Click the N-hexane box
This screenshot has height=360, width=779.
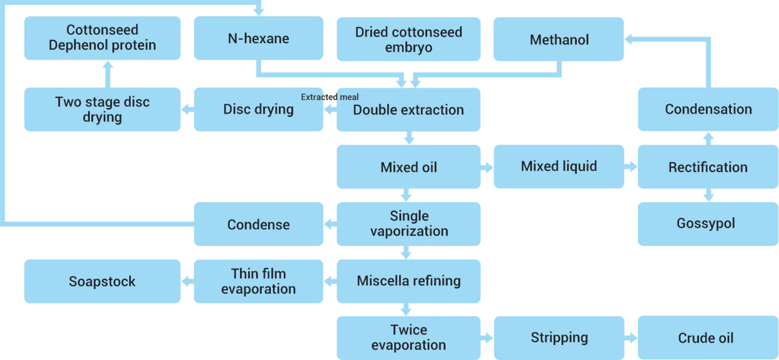pyautogui.click(x=258, y=38)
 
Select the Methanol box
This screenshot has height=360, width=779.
pyautogui.click(x=558, y=39)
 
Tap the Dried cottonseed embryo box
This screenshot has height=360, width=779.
pyautogui.click(x=408, y=39)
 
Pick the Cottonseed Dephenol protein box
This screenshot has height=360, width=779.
pyautogui.click(x=102, y=38)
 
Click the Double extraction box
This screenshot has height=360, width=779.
pyautogui.click(x=408, y=110)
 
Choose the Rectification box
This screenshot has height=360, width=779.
pyautogui.click(x=708, y=167)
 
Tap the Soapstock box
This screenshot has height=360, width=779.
pyautogui.click(x=102, y=281)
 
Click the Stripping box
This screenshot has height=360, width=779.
pyautogui.click(x=558, y=338)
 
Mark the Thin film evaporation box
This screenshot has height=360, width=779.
pyautogui.click(x=258, y=281)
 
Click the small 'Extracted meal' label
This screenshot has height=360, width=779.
pyautogui.click(x=330, y=97)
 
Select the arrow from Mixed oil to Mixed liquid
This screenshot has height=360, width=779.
pyautogui.click(x=487, y=168)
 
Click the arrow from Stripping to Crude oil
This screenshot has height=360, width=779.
pyautogui.click(x=631, y=338)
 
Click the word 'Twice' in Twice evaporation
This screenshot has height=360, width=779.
pyautogui.click(x=409, y=330)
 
